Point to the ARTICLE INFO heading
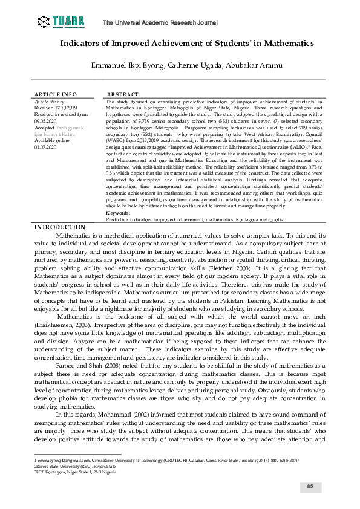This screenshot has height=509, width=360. (x=56, y=95)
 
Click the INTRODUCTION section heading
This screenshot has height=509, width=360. (x=60, y=210)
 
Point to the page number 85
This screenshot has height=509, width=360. (x=310, y=487)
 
